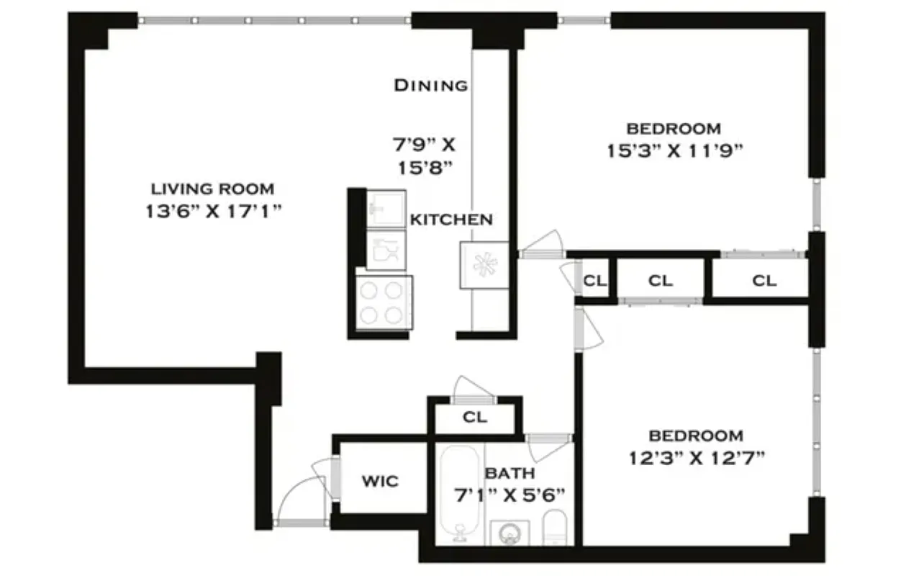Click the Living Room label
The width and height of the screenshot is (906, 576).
click(212, 189)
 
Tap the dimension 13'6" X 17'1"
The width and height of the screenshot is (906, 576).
click(212, 212)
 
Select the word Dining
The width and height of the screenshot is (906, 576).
click(430, 85)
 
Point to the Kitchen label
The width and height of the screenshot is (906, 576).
click(451, 220)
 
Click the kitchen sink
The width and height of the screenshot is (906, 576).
click(386, 209)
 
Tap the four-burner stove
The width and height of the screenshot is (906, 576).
click(384, 302)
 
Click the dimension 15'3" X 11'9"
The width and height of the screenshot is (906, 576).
click(674, 152)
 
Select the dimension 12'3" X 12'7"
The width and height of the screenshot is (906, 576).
click(696, 459)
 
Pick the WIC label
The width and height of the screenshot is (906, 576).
click(380, 481)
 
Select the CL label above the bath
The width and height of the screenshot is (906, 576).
click(475, 417)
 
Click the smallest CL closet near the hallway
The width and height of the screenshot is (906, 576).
click(594, 281)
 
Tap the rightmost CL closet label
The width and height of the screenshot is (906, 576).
click(764, 281)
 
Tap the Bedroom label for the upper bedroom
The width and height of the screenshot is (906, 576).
click(674, 129)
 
